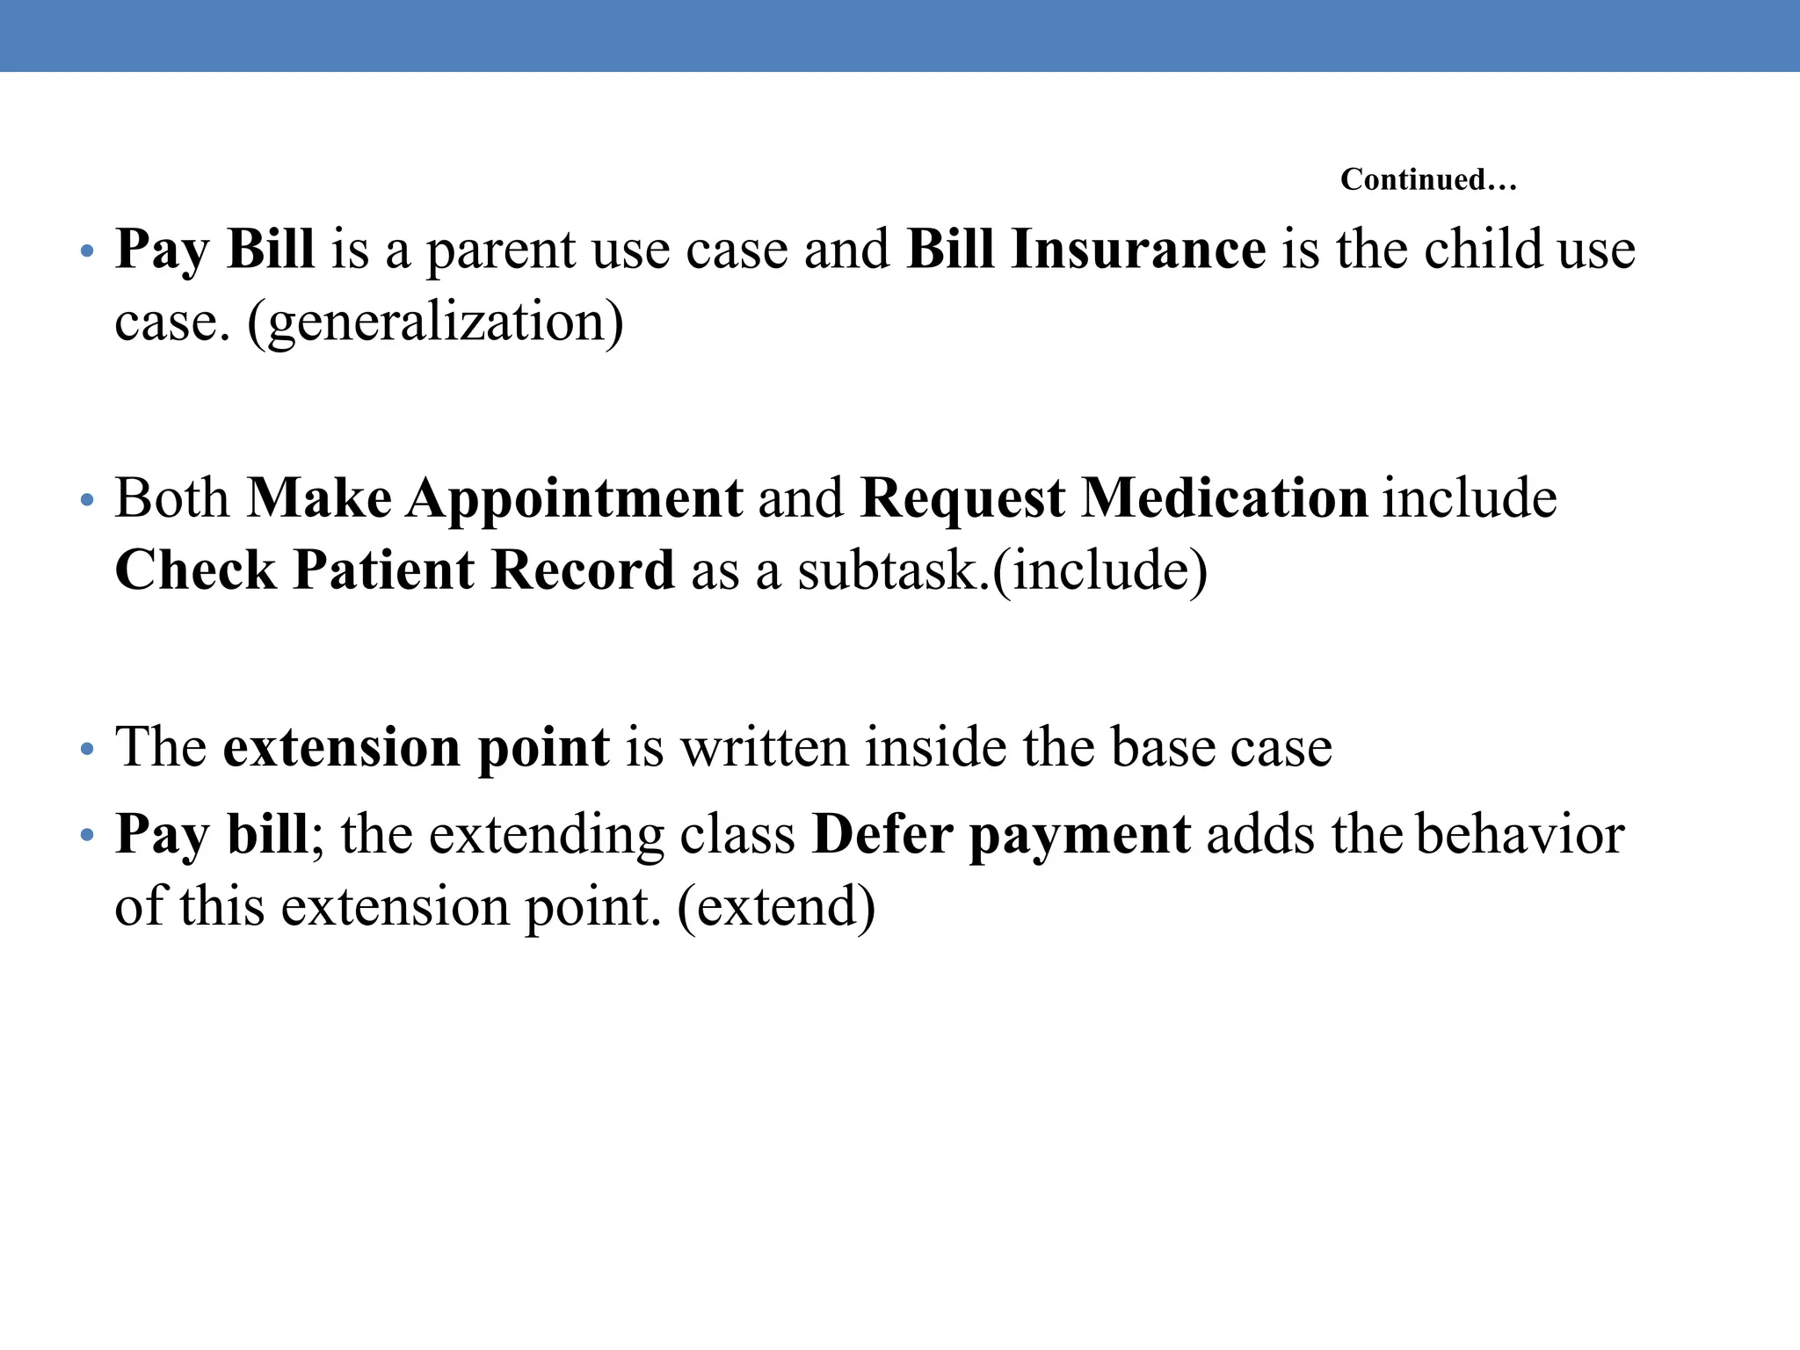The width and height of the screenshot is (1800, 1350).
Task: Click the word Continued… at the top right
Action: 1428,180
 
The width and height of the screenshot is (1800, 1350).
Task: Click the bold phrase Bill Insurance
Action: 1085,250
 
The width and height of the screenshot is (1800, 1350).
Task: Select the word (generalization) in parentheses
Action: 436,322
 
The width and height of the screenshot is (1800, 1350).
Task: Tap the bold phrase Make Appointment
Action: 495,498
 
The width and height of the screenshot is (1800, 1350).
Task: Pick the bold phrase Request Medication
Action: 1114,498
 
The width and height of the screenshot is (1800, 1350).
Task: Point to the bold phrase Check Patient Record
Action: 395,570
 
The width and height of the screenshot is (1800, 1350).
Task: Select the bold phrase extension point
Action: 416,748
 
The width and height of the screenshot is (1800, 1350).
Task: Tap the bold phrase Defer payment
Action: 1001,834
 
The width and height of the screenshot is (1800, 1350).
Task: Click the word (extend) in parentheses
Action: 777,906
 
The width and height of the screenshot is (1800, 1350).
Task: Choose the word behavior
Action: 1521,834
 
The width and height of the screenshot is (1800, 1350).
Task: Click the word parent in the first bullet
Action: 500,250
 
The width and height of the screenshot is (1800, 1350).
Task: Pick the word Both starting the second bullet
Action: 172,498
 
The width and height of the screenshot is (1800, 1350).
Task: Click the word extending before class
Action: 546,834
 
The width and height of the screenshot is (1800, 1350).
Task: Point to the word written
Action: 765,748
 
